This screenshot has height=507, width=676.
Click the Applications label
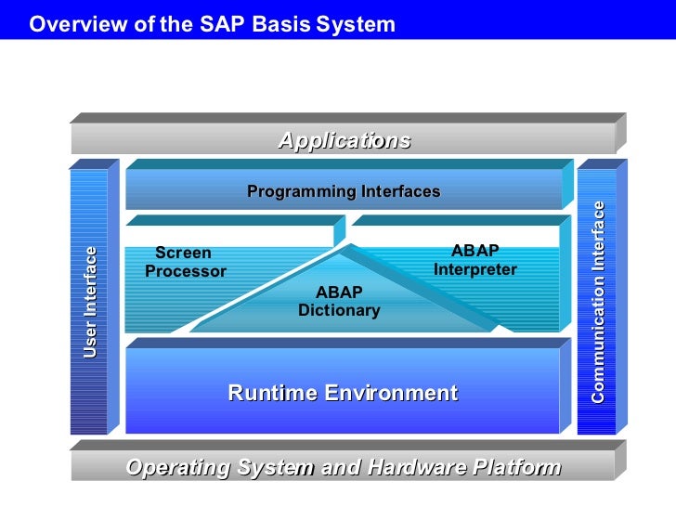coord(344,141)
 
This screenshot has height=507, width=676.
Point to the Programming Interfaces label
coord(344,192)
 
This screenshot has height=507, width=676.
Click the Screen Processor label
coord(186,262)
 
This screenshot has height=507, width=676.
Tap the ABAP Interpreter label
coord(474,260)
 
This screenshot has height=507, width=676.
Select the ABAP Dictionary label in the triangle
coord(339,302)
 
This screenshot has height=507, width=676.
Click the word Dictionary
coord(339,311)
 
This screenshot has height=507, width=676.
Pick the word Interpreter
coord(474,270)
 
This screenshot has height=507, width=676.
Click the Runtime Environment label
coord(343,393)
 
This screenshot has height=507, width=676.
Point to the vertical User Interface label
coord(90,302)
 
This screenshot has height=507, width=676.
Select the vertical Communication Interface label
coord(599,302)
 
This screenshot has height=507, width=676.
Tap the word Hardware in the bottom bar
coord(406,467)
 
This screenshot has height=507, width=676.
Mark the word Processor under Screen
coord(186,272)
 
